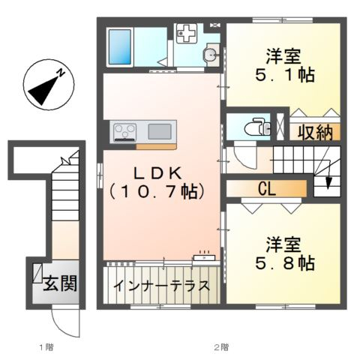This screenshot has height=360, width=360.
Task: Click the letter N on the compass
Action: tap(61, 73)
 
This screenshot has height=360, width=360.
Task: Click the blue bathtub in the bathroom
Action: tap(120, 47)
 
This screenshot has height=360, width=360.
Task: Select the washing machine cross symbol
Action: tap(185, 33)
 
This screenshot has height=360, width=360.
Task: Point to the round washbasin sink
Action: tap(211, 53)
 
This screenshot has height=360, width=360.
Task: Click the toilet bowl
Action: tap(256, 127)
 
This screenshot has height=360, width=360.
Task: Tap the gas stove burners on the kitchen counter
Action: tap(124, 132)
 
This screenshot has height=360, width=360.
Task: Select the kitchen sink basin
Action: tap(160, 132)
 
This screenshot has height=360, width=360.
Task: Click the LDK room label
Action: tap(158, 173)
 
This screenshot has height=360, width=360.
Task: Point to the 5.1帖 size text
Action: tap(285, 75)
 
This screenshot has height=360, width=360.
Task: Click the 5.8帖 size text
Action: tap(285, 263)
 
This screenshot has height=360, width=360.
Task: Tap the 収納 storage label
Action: tap(315, 132)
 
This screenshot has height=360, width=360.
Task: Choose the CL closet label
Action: tap(267, 189)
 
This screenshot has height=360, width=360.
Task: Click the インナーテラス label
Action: tap(162, 286)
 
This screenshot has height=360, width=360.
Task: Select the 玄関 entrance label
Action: tap(60, 283)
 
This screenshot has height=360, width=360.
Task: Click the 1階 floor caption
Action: tap(46, 347)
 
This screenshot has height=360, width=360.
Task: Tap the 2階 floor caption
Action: tap(221, 347)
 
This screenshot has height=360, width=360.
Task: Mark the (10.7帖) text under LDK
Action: tap(158, 192)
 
